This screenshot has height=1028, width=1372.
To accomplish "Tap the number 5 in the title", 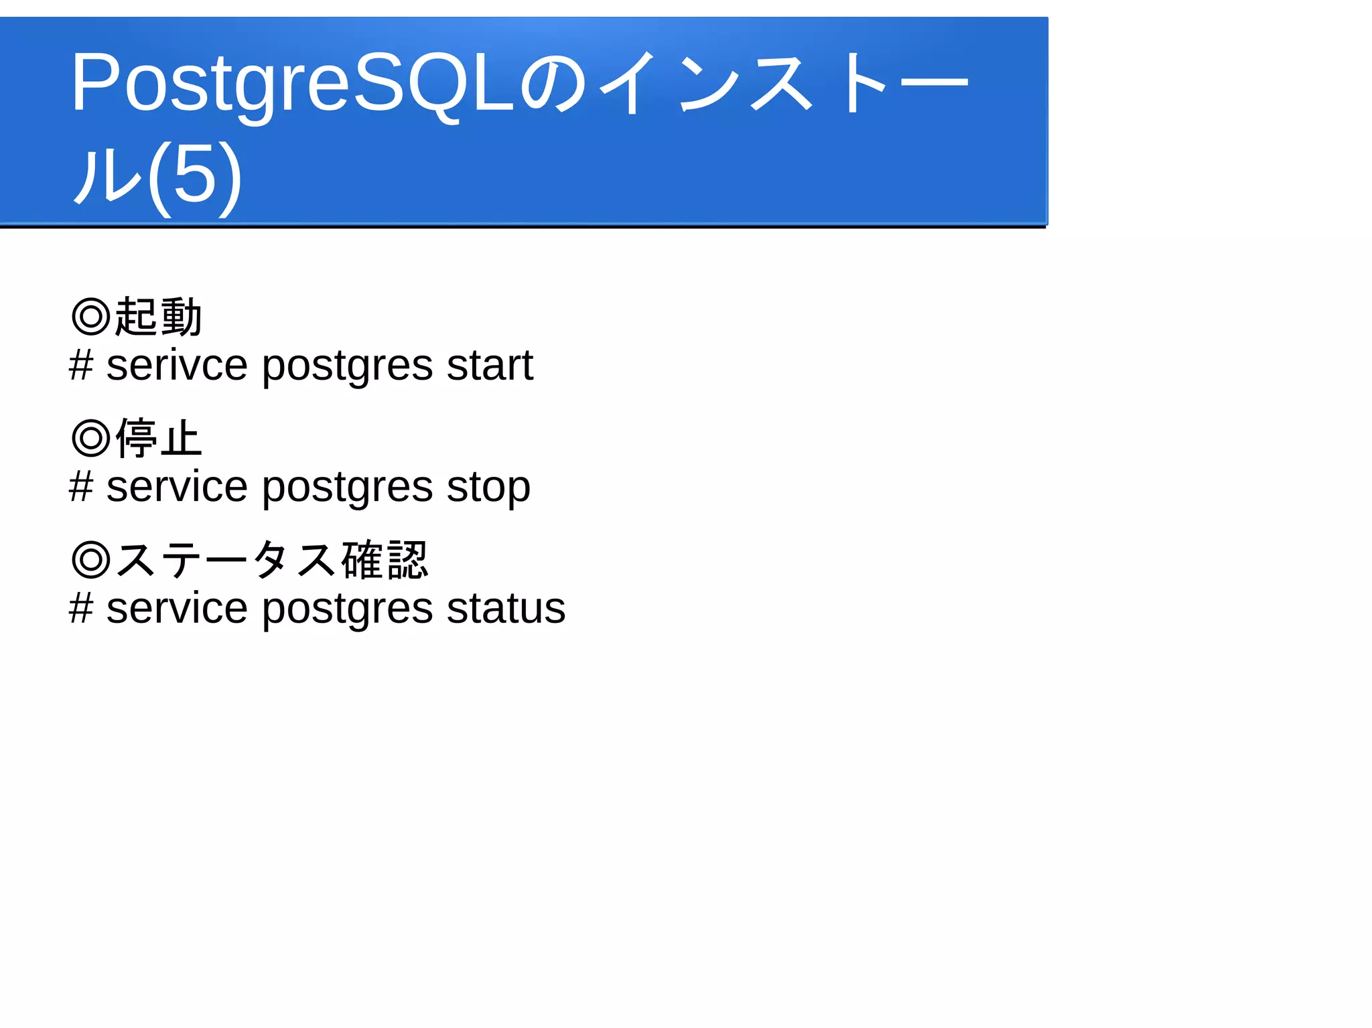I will [x=195, y=176].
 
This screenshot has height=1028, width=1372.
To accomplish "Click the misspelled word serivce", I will [x=177, y=366].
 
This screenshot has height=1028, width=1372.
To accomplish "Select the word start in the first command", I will [x=490, y=366].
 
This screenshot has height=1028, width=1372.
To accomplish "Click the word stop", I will [x=488, y=488].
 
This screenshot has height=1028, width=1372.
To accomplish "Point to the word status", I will [x=506, y=609].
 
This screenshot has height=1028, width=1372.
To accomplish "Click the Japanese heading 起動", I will [x=158, y=317].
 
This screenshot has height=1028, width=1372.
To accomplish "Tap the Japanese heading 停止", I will [x=158, y=439].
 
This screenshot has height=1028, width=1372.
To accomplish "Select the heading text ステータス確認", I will [x=271, y=560].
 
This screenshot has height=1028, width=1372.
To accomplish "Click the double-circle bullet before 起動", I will [x=90, y=317].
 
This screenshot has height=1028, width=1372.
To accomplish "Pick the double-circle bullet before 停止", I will [x=90, y=439].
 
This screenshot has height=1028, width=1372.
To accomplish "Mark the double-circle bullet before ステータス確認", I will [x=90, y=560].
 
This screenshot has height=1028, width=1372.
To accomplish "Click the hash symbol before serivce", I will [x=81, y=366].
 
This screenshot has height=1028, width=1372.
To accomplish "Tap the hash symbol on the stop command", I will [x=81, y=488].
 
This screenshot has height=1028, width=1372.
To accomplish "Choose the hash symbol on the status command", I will [x=81, y=609].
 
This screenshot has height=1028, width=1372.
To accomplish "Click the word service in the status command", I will [x=177, y=609].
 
